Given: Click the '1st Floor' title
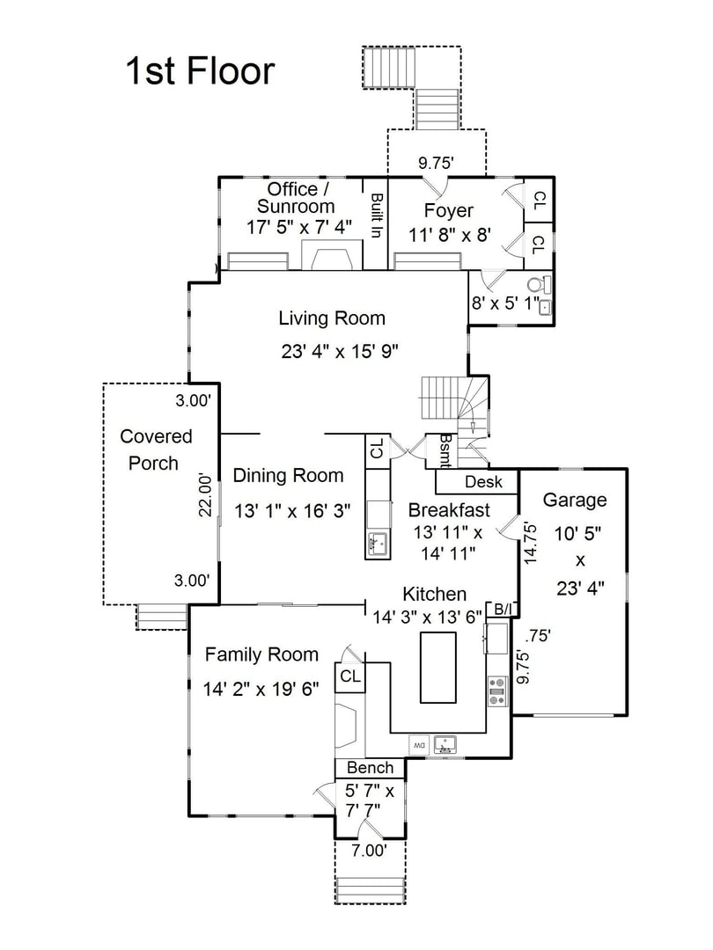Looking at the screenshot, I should click(x=200, y=70).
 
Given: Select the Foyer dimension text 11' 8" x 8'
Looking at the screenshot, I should click(x=449, y=235).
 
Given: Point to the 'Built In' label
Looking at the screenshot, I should click(x=376, y=216).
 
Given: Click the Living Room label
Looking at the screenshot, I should click(x=332, y=318).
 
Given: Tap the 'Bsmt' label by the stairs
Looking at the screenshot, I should click(x=446, y=450).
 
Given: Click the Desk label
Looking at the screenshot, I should click(x=483, y=482).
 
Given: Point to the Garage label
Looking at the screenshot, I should click(x=574, y=501).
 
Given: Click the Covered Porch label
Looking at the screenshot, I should click(x=156, y=449).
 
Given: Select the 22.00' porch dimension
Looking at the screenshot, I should click(x=204, y=495).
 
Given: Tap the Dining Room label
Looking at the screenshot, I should click(x=288, y=476).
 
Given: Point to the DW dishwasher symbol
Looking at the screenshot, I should click(x=419, y=745).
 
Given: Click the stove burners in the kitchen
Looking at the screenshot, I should click(x=497, y=690).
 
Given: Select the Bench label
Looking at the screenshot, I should click(x=370, y=768).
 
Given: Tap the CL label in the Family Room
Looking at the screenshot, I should click(x=349, y=676).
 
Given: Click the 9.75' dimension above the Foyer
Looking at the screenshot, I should click(x=436, y=163).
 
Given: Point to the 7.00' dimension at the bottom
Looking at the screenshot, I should click(x=370, y=851).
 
